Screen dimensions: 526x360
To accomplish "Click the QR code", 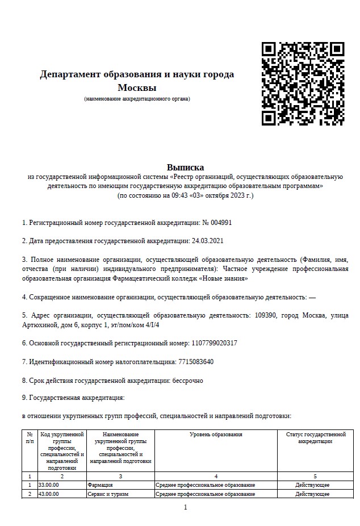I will pyautogui.click(x=303, y=84).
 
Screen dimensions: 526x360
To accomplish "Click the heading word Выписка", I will pyautogui.click(x=185, y=167).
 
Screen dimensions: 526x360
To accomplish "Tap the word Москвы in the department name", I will pyautogui.click(x=137, y=87).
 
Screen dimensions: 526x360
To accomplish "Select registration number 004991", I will pyautogui.click(x=221, y=223).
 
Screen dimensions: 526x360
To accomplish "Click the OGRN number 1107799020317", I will pyautogui.click(x=216, y=343).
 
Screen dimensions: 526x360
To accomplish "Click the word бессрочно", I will pyautogui.click(x=187, y=381).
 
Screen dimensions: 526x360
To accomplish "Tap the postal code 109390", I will pyautogui.click(x=266, y=315).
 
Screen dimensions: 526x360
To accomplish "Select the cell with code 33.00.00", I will pyautogui.click(x=48, y=485).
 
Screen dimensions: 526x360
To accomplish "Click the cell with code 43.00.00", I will pyautogui.click(x=48, y=494).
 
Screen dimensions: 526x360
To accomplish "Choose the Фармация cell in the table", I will pyautogui.click(x=101, y=485).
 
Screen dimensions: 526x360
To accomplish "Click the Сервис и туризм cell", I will pyautogui.click(x=108, y=494).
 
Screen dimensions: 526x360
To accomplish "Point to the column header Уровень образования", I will pyautogui.click(x=216, y=435).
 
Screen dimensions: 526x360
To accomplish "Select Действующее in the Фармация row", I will pyautogui.click(x=312, y=485).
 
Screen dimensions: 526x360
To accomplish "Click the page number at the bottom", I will pyautogui.click(x=185, y=507).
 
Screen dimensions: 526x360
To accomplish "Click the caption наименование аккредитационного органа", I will pyautogui.click(x=137, y=99).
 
